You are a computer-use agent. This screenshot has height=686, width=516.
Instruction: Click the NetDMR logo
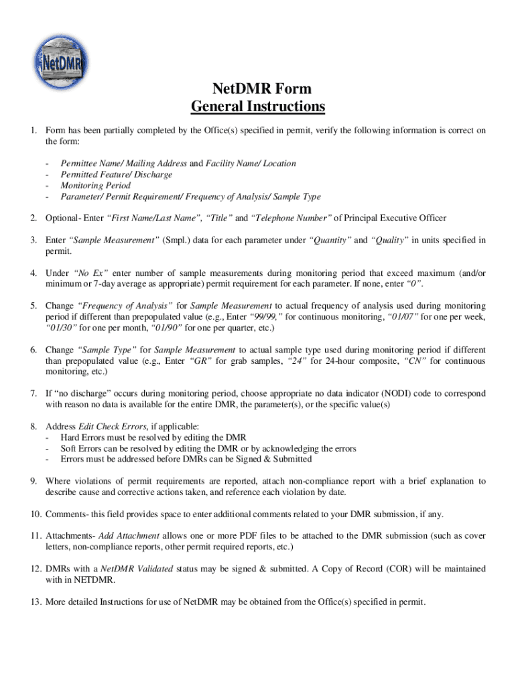coord(62,58)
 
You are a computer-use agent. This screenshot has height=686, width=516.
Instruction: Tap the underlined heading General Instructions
coord(258,107)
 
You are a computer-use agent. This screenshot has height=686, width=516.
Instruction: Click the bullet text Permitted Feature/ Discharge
coord(117,174)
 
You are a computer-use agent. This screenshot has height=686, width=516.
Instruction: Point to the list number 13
coord(36,602)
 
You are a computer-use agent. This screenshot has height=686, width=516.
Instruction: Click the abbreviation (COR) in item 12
coord(403,569)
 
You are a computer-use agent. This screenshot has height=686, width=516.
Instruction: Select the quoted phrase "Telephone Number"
coord(290,218)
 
